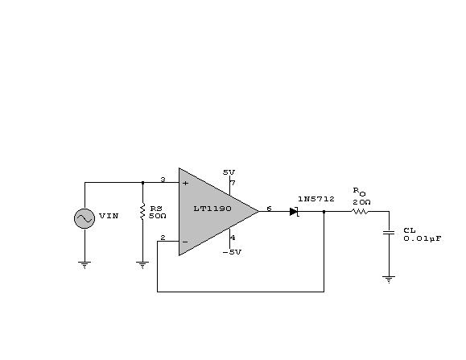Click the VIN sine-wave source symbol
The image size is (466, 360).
tap(85, 218)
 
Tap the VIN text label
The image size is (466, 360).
tap(109, 216)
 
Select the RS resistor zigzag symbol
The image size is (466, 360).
tap(142, 212)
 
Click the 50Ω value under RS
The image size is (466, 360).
tap(158, 216)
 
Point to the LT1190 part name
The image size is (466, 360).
tap(212, 209)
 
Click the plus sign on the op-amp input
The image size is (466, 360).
tap(185, 183)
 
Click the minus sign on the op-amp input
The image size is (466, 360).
tap(185, 242)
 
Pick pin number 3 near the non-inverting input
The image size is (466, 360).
tap(163, 180)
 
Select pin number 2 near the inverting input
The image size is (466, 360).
tap(163, 238)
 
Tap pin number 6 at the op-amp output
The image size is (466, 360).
tap(269, 209)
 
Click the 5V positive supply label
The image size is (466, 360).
tap(229, 172)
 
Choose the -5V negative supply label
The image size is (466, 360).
tap(232, 252)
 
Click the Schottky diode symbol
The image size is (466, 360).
tap(295, 212)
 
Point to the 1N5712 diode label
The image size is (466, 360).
tap(316, 199)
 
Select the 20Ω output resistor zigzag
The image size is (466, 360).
tap(360, 211)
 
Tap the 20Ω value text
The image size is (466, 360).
tap(361, 202)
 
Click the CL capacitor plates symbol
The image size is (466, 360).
tap(389, 232)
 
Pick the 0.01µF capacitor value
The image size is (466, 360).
tap(423, 238)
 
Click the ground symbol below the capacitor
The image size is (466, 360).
tap(389, 279)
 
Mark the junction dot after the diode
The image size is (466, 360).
tap(324, 212)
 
